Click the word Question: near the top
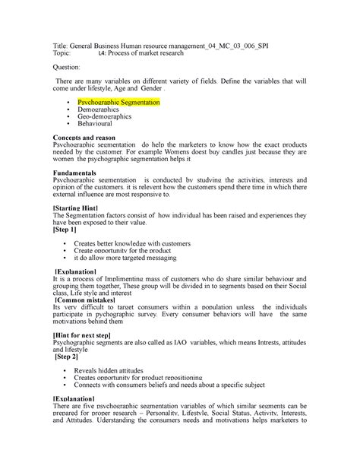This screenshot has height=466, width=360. (67, 67)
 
